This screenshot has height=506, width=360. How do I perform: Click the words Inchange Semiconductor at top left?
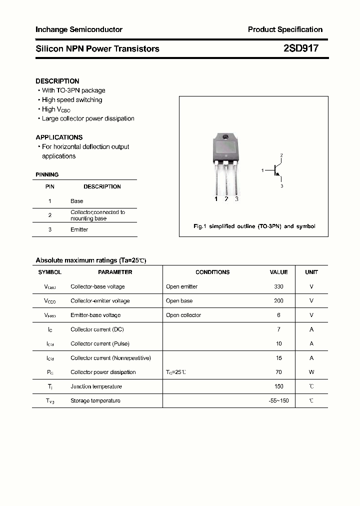tap(78, 29)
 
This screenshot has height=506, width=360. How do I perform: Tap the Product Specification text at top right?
tap(285, 29)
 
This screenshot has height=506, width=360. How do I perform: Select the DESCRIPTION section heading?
tap(57, 81)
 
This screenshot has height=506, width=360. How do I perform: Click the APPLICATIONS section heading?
tap(59, 137)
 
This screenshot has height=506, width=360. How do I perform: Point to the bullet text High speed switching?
tap(71, 100)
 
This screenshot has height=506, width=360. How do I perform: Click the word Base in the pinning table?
tap(76, 201)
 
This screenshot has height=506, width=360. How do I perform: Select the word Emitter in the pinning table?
tap(79, 229)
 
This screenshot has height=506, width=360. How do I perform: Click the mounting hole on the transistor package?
tap(225, 137)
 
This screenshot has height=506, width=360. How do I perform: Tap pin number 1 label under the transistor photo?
tap(216, 199)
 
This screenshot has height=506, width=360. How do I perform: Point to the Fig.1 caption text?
tap(254, 226)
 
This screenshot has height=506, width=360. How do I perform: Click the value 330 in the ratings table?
tap(278, 286)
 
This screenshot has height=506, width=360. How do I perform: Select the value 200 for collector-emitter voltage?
tap(278, 301)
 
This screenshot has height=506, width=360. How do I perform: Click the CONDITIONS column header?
tap(212, 272)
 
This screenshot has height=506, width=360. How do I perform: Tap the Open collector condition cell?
tap(183, 315)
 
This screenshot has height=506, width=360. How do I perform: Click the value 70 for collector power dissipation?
tap(278, 372)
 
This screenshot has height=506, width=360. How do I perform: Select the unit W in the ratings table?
tap(311, 372)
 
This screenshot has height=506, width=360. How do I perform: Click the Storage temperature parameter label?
tap(95, 400)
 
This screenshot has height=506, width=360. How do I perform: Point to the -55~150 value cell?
tap(278, 400)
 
